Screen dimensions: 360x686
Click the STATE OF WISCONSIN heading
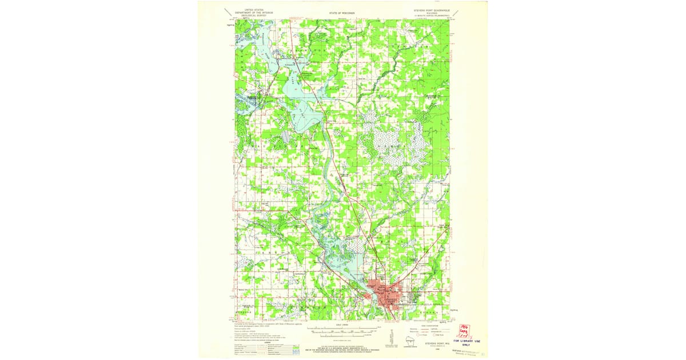pos(342,11)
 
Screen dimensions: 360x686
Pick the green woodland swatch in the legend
pos(296,346)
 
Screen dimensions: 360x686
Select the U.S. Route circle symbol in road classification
pos(416,337)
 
